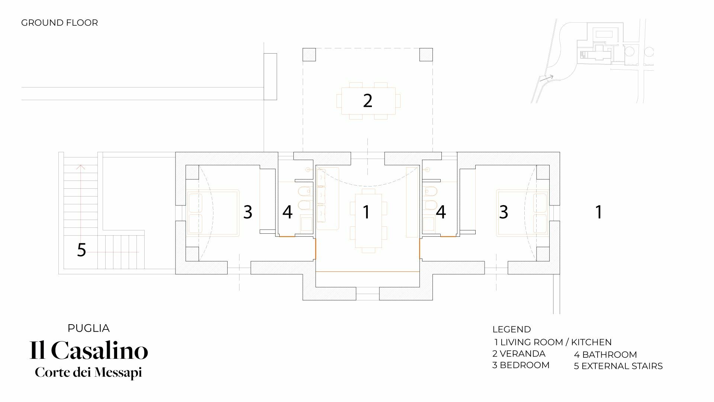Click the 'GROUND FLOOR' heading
[59, 23]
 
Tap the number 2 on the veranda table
[367, 100]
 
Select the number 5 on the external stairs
[81, 250]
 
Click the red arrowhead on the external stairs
[81, 167]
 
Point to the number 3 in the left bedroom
[248, 212]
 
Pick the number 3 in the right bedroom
[504, 212]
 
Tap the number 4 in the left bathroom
[287, 212]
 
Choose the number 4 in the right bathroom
[441, 212]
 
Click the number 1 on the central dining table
[367, 212]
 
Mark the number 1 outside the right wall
[599, 212]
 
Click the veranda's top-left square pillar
[309, 55]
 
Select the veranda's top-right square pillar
[426, 55]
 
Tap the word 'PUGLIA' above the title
[89, 328]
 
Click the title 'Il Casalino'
[89, 350]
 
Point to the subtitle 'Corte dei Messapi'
[89, 373]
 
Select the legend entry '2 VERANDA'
[519, 354]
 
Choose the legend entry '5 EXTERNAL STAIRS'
[618, 366]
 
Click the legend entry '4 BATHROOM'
[605, 355]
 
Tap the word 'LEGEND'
[512, 329]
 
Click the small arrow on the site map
[547, 78]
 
